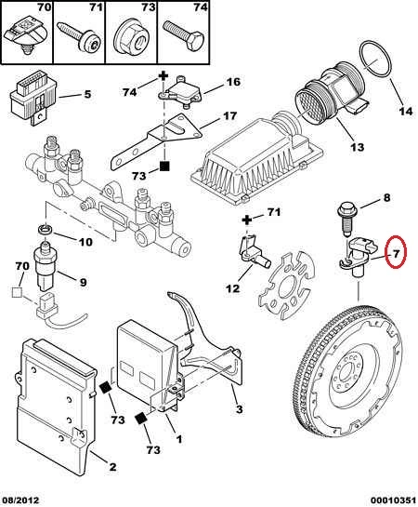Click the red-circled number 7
tap(396, 254)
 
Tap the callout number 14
tap(406, 112)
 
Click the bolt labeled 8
tap(347, 219)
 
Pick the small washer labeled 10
tap(45, 230)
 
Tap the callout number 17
tap(229, 115)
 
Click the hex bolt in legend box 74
tap(184, 37)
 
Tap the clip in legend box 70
tap(26, 38)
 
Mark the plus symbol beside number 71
tap(247, 220)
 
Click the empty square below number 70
tap(17, 293)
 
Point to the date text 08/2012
tap(20, 500)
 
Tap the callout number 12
tap(233, 288)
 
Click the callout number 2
tap(112, 467)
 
